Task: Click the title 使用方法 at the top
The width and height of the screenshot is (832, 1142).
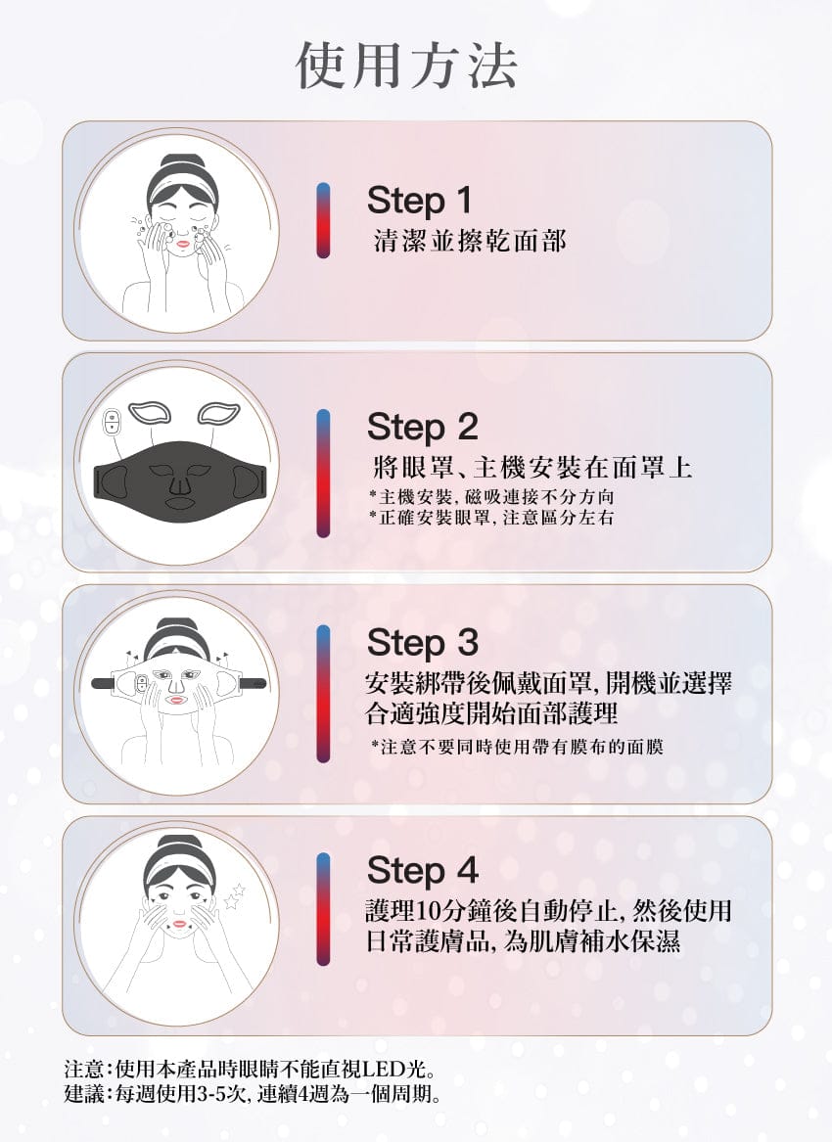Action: click(x=406, y=66)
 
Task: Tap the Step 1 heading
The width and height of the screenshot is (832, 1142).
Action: click(x=419, y=201)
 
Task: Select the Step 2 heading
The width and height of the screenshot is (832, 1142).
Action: click(x=423, y=428)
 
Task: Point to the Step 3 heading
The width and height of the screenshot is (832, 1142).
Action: click(x=423, y=642)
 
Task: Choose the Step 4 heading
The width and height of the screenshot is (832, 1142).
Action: click(x=423, y=870)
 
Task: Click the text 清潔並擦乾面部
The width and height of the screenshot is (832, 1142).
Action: click(x=469, y=241)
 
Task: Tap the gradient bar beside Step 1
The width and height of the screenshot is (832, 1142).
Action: click(x=323, y=220)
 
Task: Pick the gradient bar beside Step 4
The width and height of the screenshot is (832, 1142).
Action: click(x=323, y=909)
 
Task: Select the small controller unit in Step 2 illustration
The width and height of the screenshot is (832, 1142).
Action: click(x=112, y=420)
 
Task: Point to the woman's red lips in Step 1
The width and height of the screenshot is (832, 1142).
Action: click(x=182, y=244)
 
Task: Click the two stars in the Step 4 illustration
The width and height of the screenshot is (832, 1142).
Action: click(x=235, y=896)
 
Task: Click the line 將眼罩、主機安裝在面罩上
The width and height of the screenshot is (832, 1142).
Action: click(x=532, y=467)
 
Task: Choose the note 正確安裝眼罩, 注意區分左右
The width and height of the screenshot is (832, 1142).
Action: click(x=491, y=518)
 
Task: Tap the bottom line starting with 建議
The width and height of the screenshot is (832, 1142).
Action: click(x=253, y=1093)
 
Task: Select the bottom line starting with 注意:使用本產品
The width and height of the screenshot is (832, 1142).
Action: click(x=250, y=1070)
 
